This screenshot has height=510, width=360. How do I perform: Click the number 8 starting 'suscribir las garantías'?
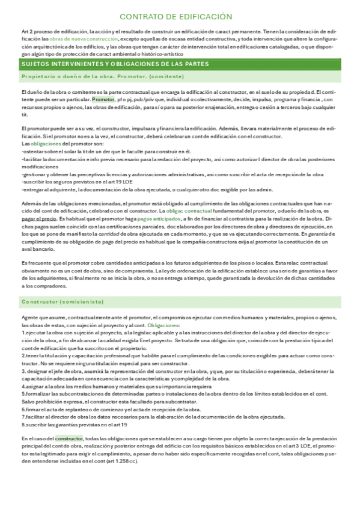pyautogui.click(x=23, y=424)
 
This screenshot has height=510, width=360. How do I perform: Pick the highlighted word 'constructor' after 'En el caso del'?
pyautogui.click(x=69, y=438)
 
